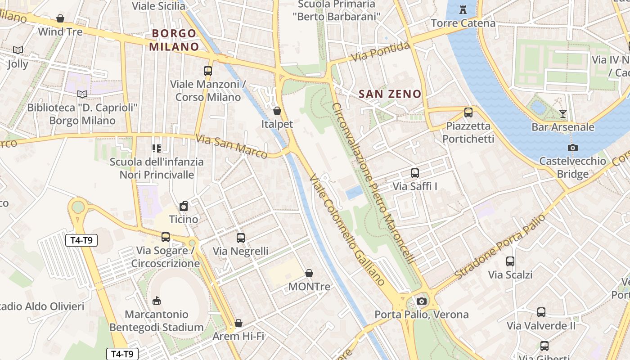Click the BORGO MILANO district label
coord(174,40)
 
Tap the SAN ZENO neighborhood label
coord(390,94)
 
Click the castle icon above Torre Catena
coord(463,9)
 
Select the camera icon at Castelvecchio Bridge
coord(572,148)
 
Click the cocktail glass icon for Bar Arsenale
coord(562,113)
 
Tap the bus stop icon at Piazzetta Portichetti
coord(468,112)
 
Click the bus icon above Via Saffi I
coord(415,173)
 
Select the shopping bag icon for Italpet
coord(277,111)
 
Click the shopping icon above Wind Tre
coord(60,18)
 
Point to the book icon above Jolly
coord(18,50)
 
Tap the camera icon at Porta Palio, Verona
coord(421,301)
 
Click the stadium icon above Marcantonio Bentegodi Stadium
coord(157,301)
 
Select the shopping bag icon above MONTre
coord(309,273)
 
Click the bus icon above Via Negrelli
coord(241,238)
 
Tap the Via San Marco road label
coord(232,146)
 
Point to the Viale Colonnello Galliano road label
coord(347,229)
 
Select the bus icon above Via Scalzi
coord(510,261)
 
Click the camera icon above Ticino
coord(184,206)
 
